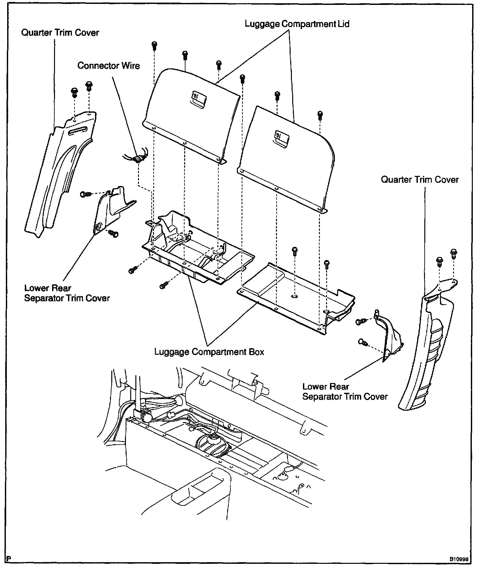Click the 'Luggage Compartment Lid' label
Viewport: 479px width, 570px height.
297,24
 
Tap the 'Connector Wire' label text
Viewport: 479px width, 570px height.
108,66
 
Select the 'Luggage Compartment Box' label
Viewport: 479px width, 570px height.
209,352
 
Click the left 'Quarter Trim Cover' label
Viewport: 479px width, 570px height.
60,33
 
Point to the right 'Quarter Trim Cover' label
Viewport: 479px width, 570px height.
420,180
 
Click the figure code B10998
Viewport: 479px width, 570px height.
459,559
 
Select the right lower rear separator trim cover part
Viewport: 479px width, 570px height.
389,335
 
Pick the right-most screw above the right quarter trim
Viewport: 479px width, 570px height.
454,253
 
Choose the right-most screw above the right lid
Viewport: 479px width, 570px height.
320,115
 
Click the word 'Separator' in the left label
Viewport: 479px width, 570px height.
45,298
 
